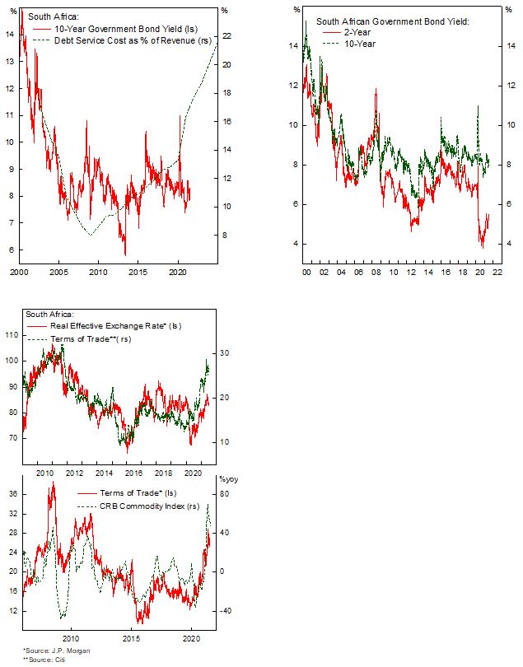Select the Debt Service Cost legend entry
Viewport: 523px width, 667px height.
coord(132,40)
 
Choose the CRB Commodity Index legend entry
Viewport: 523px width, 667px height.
coord(148,506)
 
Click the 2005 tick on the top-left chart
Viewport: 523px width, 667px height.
coord(58,271)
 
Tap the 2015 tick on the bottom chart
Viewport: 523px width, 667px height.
coord(131,638)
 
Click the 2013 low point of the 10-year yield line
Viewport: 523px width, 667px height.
coord(125,254)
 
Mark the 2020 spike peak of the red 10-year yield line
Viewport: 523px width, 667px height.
coord(180,116)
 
